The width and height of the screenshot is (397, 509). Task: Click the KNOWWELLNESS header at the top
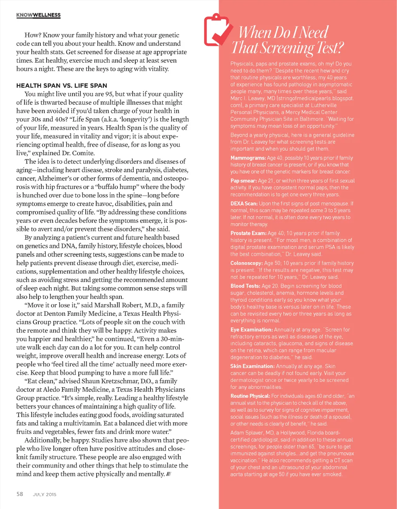pos(38,15)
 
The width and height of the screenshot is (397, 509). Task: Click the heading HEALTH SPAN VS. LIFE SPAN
pos(62,85)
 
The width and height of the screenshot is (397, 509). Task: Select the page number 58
pos(20,494)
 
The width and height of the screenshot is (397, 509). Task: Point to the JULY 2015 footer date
pos(45,494)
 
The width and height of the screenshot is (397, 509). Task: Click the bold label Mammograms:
pos(248,158)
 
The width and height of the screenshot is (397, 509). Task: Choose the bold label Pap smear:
pos(243,181)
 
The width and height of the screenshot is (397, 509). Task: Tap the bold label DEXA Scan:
pos(244,204)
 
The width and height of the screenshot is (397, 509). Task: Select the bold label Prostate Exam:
pos(248,233)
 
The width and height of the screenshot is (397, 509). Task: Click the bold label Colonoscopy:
pos(247,263)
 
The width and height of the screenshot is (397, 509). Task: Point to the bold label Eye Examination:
pos(252,330)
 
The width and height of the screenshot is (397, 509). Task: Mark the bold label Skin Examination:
pos(252,366)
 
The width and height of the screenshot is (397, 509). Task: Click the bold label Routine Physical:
pos(250,396)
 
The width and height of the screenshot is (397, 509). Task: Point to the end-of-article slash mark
pos(169,474)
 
